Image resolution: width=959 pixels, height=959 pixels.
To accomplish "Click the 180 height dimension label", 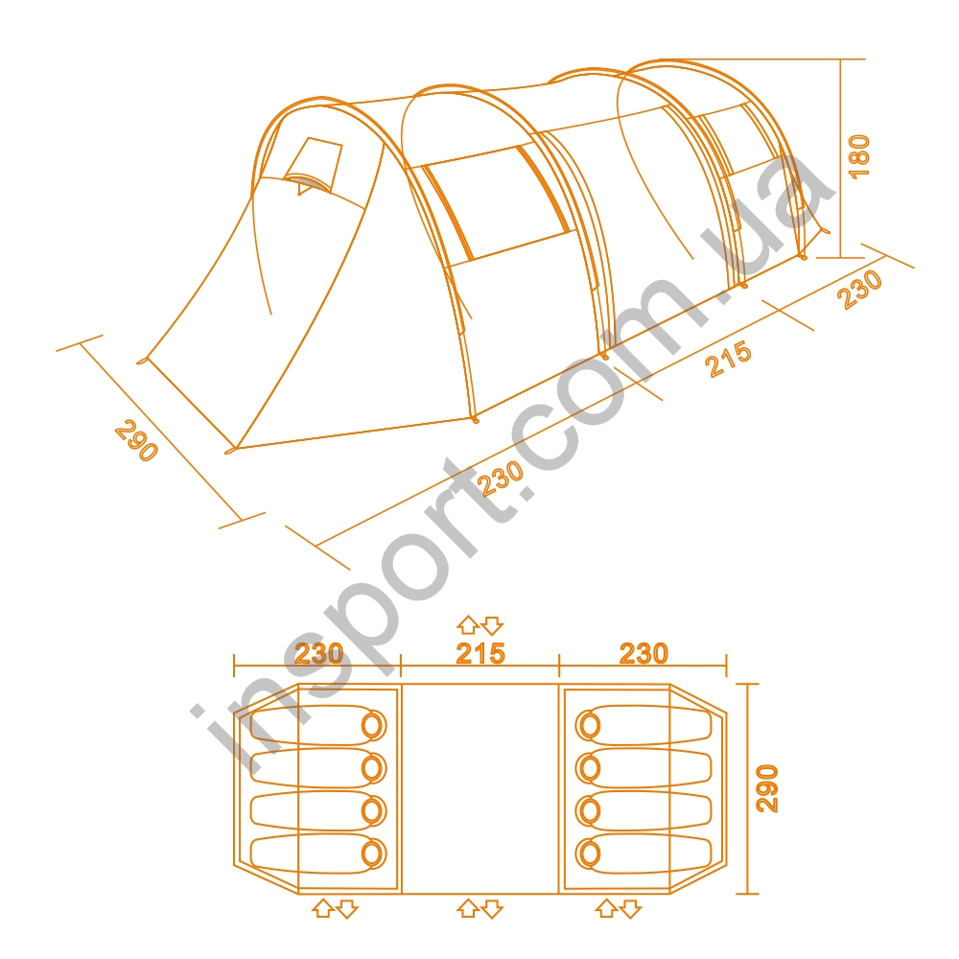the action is (x=859, y=156).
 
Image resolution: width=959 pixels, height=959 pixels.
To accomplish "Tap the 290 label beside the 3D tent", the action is (x=136, y=440).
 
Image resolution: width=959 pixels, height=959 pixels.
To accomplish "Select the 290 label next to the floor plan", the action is (x=767, y=788).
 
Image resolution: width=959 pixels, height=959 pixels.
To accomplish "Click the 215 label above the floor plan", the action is (x=480, y=654).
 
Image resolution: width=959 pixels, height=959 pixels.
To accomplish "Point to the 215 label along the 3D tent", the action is (x=728, y=360).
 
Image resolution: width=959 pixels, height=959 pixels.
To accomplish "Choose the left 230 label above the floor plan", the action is (x=318, y=654).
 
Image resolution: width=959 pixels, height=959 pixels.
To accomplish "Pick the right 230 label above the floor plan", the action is (x=644, y=653).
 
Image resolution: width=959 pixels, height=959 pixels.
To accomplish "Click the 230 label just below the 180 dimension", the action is (x=860, y=290).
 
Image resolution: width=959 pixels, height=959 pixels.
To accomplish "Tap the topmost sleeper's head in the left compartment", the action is (x=373, y=725).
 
